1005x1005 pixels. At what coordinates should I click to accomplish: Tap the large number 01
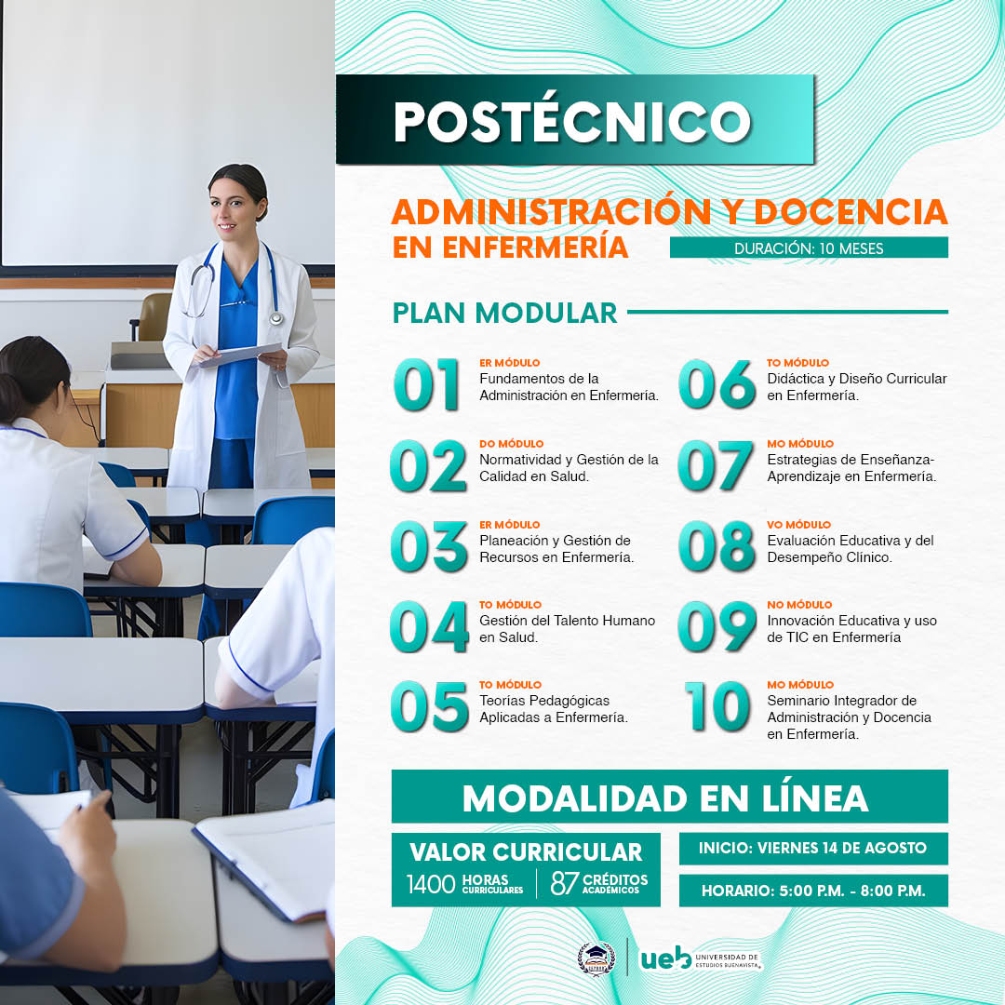click(x=426, y=384)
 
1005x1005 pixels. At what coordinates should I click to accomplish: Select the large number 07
click(x=716, y=465)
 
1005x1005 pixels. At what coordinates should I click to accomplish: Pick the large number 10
click(x=717, y=706)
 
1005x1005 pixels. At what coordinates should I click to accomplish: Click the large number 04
click(x=429, y=626)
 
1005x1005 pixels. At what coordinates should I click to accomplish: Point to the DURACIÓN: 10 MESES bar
click(x=809, y=248)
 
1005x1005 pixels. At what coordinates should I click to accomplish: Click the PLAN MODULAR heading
click(x=504, y=313)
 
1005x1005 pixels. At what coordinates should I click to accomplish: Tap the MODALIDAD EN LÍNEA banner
click(x=670, y=797)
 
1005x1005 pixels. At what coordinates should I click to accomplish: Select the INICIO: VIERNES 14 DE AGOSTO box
click(x=813, y=848)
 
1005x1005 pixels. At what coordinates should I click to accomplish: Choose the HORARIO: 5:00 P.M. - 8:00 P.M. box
click(x=813, y=891)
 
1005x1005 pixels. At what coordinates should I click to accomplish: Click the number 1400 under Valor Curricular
click(x=432, y=885)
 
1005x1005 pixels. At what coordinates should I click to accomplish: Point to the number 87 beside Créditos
click(x=565, y=883)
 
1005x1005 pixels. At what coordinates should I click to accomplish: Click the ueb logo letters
click(x=666, y=958)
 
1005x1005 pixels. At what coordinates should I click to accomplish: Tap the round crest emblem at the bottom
click(x=596, y=958)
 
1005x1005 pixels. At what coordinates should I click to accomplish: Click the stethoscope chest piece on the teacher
click(x=276, y=318)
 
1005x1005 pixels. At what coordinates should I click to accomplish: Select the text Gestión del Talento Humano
click(x=568, y=621)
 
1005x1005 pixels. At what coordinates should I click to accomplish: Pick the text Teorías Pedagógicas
click(x=544, y=701)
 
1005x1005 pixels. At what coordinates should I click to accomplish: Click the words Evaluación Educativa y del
click(x=851, y=541)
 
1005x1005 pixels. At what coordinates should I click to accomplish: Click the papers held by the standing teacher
click(x=238, y=354)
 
